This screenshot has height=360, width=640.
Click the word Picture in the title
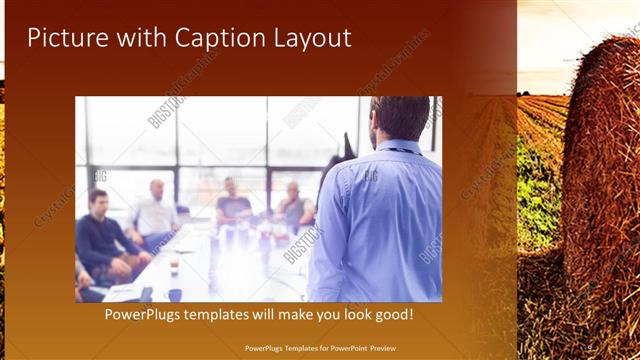click(67, 38)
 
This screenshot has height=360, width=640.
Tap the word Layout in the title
click(309, 38)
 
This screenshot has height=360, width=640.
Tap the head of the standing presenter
click(400, 118)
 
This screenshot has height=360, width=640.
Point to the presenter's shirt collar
click(396, 145)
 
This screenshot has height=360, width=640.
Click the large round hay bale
click(601, 170)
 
